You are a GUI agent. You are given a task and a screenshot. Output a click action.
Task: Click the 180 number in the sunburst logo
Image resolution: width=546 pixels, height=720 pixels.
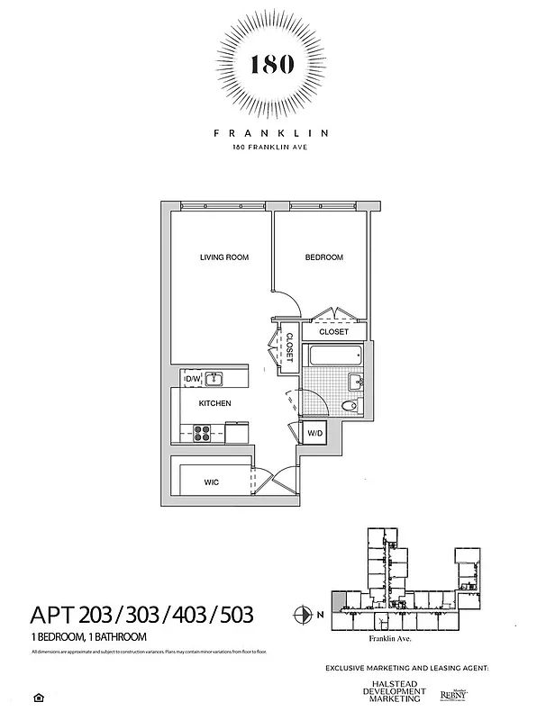click(x=271, y=66)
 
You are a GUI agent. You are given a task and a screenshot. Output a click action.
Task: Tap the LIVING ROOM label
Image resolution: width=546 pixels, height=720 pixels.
click(x=224, y=257)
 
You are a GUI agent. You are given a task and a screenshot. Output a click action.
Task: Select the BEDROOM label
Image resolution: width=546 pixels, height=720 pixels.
click(x=323, y=257)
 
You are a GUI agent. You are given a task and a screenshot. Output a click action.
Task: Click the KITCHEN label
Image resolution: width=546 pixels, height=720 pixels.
click(x=214, y=403)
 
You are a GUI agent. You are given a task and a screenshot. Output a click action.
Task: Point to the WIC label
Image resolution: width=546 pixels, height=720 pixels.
click(x=211, y=482)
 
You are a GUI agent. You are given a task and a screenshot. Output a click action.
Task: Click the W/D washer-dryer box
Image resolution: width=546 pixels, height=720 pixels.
click(x=314, y=434)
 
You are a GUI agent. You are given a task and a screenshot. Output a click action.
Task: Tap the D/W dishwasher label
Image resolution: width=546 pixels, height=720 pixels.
click(x=192, y=379)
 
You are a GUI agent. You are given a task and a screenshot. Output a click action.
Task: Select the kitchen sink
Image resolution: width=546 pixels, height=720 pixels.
click(x=215, y=379)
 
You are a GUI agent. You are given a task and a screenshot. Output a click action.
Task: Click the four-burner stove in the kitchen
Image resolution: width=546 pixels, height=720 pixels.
click(x=204, y=432)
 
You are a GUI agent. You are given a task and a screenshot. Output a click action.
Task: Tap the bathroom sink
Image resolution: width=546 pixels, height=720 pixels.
click(x=358, y=382)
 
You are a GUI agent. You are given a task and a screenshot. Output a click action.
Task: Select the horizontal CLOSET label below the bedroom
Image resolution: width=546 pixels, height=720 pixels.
click(x=333, y=331)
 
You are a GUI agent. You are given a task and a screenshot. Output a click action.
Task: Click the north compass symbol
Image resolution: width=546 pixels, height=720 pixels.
click(x=303, y=616)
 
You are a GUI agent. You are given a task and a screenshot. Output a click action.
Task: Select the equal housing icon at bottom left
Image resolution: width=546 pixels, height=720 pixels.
click(x=39, y=697)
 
